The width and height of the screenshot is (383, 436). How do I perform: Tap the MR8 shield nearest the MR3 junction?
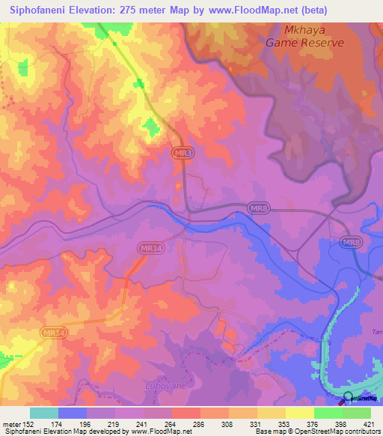(259, 207)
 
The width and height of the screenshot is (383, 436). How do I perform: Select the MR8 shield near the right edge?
(351, 242)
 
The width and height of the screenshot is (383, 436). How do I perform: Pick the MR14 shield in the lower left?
(54, 331)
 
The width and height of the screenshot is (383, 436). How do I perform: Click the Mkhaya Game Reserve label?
(304, 37)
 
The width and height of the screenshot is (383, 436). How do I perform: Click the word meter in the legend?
(13, 425)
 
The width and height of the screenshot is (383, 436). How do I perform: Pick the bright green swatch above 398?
(328, 413)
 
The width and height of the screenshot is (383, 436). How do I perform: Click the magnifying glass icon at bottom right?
(349, 398)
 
